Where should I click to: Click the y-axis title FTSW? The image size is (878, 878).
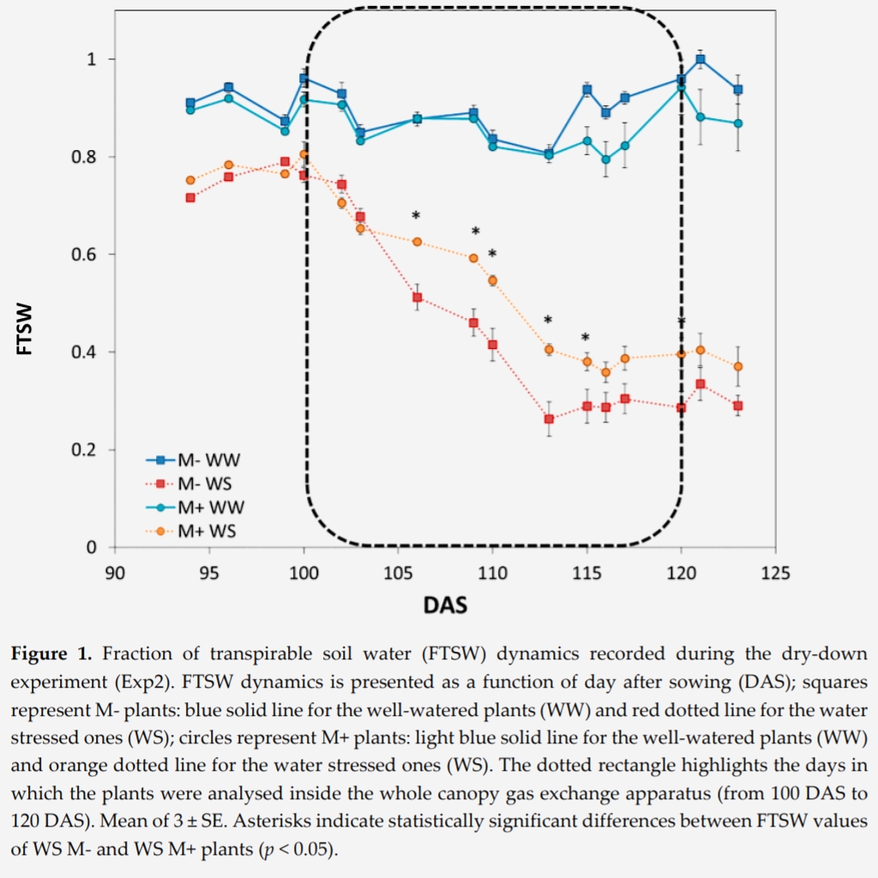point(25,328)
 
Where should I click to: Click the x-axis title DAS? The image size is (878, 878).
point(445,606)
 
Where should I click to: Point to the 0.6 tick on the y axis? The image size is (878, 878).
point(89,255)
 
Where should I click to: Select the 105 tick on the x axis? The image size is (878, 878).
point(398,572)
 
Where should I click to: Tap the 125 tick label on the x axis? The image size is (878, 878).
point(776,572)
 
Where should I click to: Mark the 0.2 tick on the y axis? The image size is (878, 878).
point(89,450)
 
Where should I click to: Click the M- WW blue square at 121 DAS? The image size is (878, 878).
point(701,60)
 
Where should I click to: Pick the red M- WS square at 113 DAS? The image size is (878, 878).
point(549,419)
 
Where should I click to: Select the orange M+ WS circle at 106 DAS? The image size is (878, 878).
point(417,242)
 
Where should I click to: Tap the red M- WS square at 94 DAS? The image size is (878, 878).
point(190,198)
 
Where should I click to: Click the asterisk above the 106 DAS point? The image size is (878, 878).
point(416,216)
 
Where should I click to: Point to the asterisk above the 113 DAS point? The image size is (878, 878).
point(548,321)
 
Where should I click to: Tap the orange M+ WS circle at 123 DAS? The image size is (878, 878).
point(738,366)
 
